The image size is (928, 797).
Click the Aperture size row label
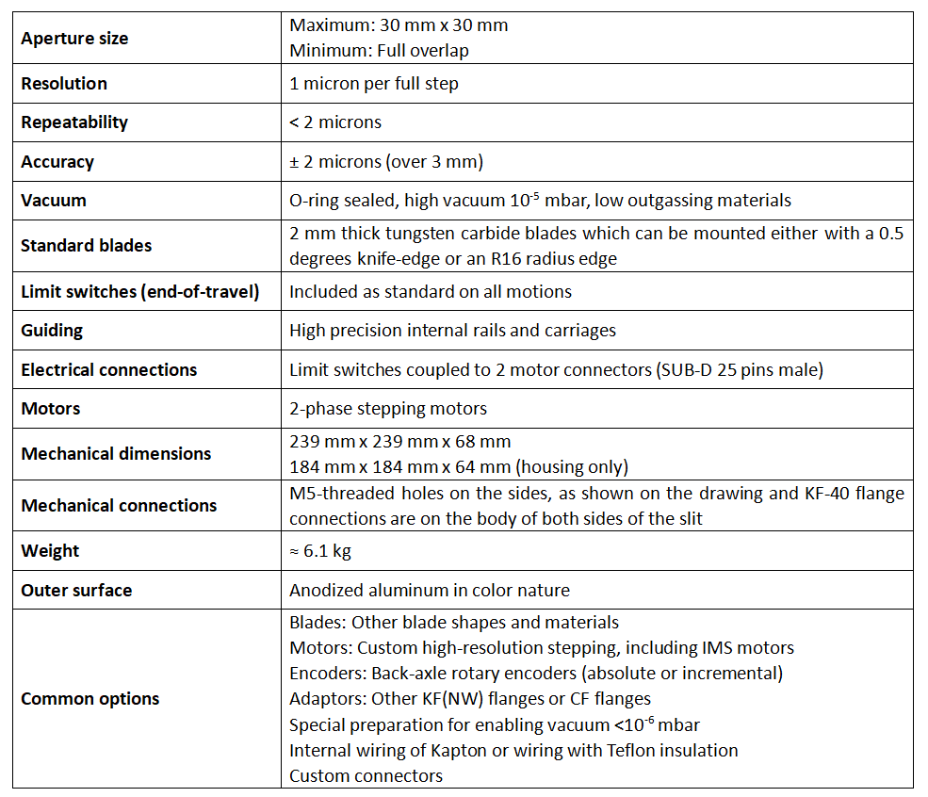pyautogui.click(x=74, y=39)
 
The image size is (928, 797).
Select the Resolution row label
pyautogui.click(x=64, y=84)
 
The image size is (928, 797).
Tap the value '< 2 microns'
pyautogui.click(x=335, y=122)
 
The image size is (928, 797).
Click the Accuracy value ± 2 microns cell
pyautogui.click(x=386, y=162)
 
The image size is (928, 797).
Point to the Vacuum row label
pyautogui.click(x=54, y=201)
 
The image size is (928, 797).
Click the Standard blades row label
pyautogui.click(x=86, y=246)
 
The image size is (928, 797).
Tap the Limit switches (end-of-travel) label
pyautogui.click(x=139, y=292)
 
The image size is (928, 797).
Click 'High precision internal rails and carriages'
pyautogui.click(x=452, y=331)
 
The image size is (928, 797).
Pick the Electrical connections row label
pyautogui.click(x=109, y=370)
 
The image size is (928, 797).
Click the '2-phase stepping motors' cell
pyautogui.click(x=388, y=409)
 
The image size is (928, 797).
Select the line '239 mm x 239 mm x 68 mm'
pyautogui.click(x=400, y=442)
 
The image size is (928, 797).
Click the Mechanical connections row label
pyautogui.click(x=119, y=506)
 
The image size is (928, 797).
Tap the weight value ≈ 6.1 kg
pyautogui.click(x=320, y=551)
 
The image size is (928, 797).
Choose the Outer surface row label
pyautogui.click(x=76, y=591)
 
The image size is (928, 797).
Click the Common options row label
pyautogui.click(x=90, y=699)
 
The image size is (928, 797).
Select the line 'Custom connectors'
pyautogui.click(x=366, y=776)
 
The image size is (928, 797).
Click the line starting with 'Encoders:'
pyautogui.click(x=536, y=674)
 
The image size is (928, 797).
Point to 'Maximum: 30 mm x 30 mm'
pyautogui.click(x=399, y=25)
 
